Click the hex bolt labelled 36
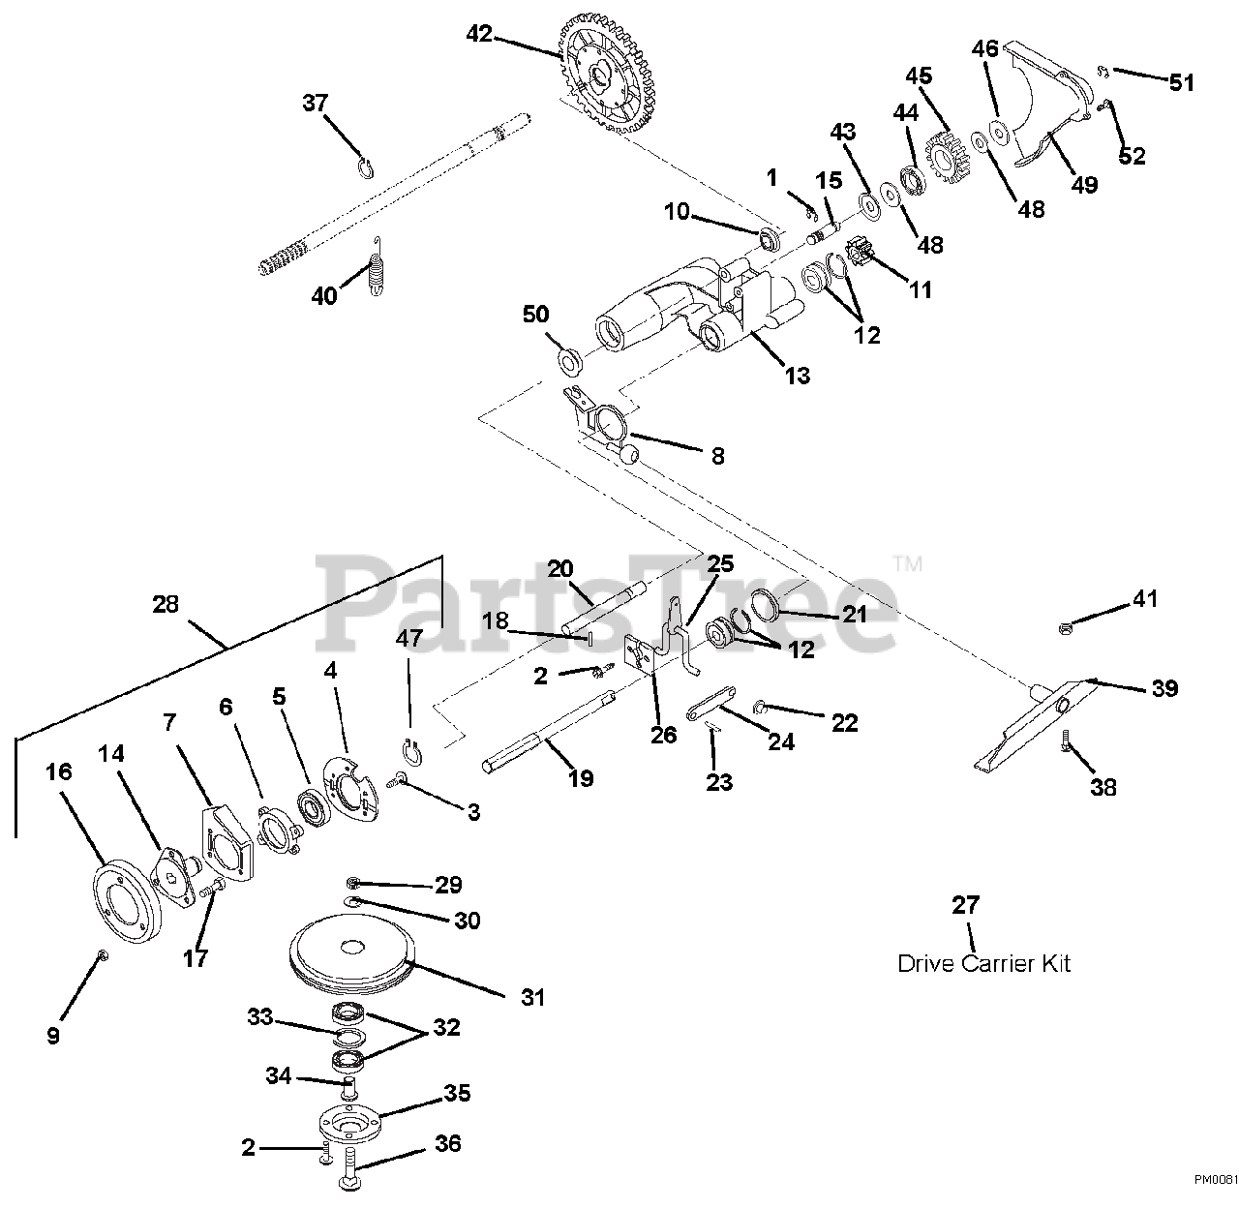pyautogui.click(x=350, y=1170)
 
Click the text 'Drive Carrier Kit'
pyautogui.click(x=983, y=963)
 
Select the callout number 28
pyautogui.click(x=166, y=604)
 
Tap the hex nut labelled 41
pyautogui.click(x=1063, y=629)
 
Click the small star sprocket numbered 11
pyautogui.click(x=865, y=252)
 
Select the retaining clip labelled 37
pyautogui.click(x=366, y=167)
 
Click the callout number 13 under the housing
pyautogui.click(x=798, y=376)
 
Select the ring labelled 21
pyautogui.click(x=766, y=604)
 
